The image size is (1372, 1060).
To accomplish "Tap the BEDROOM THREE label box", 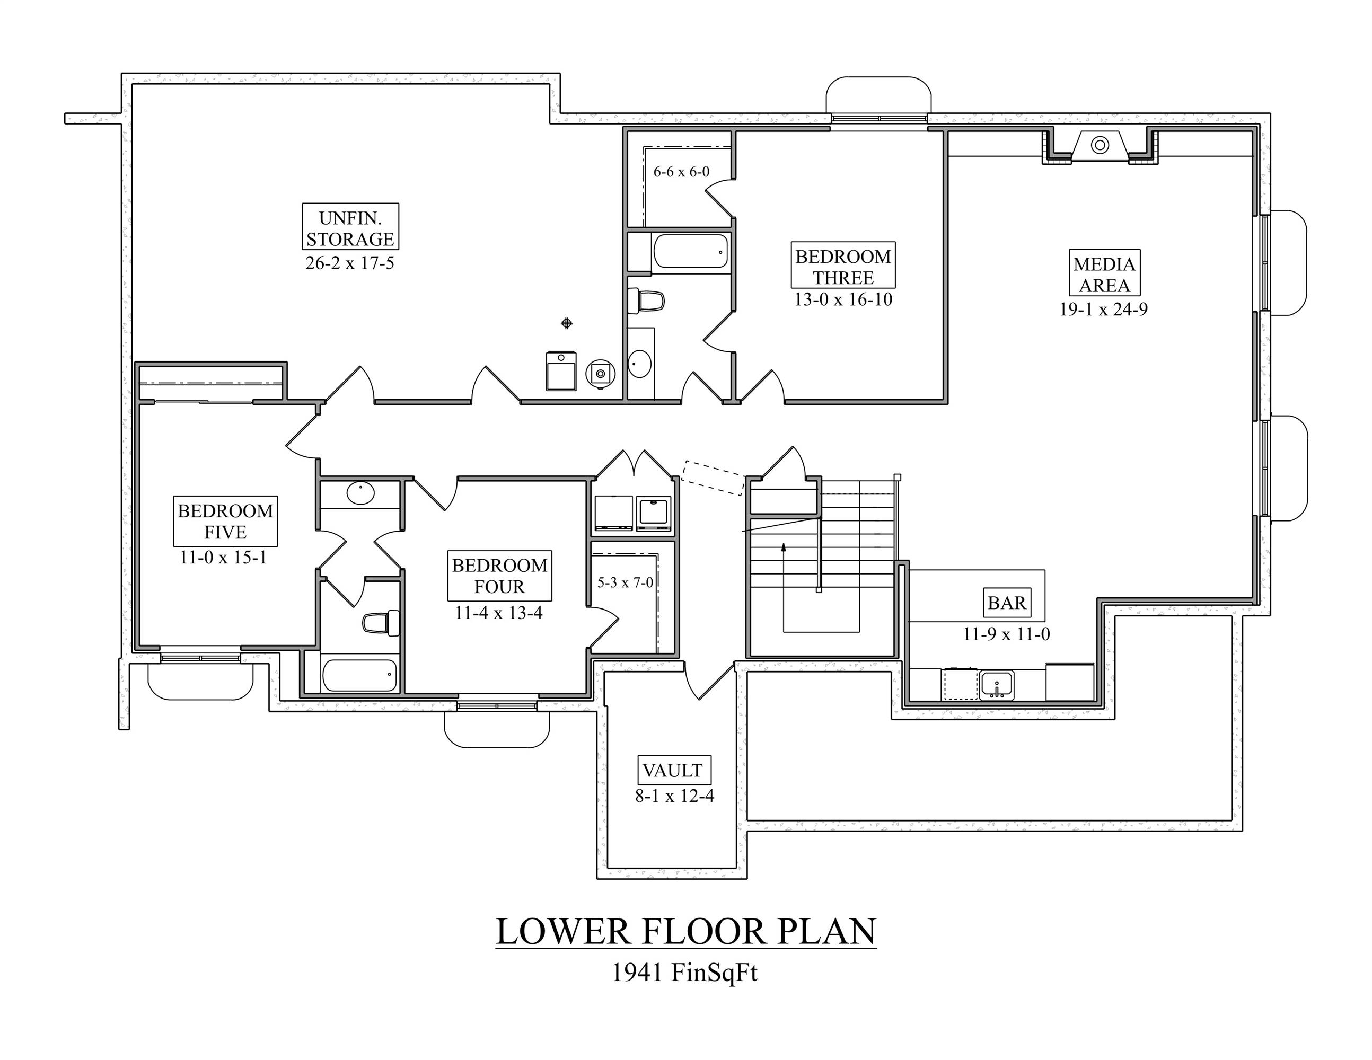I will pos(842,266).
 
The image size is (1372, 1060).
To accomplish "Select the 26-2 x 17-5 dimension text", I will pos(350,263).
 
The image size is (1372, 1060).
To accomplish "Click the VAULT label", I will pos(672,770).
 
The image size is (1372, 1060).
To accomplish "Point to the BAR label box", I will pos(1006,603).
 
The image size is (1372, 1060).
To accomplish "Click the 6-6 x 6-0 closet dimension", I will pos(681,171).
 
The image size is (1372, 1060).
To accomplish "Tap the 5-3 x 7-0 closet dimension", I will pos(625,582).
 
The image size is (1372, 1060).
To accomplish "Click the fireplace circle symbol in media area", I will pos(1100,145).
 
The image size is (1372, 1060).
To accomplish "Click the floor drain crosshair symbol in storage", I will pos(566,323).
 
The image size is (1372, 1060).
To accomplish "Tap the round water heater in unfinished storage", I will pos(601,374).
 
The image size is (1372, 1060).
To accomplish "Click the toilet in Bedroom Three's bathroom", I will pos(647,302).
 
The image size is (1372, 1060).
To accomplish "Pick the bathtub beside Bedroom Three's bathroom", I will pos(690,251).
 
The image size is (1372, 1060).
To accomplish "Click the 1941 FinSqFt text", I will pos(685,973).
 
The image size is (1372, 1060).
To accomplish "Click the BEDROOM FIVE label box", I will pos(225,521).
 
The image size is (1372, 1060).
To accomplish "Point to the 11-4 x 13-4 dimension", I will pos(498,613).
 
